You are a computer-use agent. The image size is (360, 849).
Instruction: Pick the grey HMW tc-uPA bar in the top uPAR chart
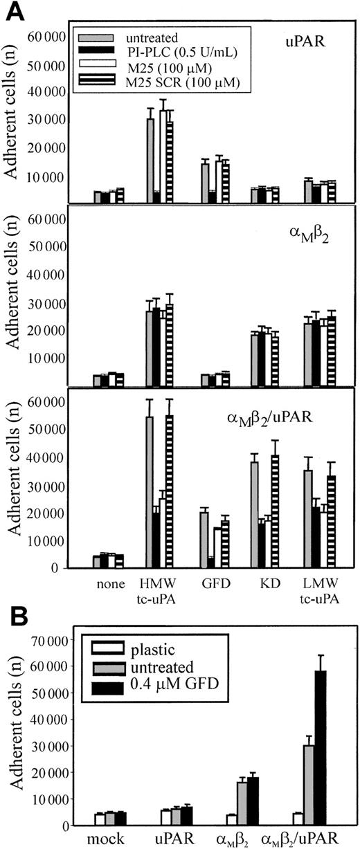pos(150,161)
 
